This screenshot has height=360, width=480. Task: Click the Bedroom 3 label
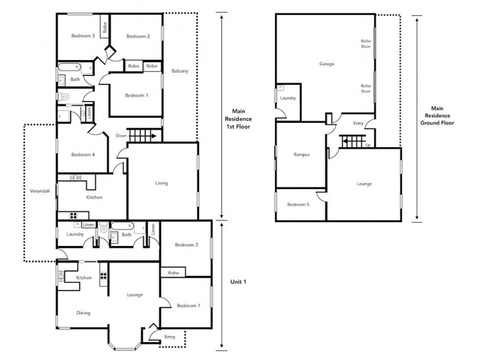point(83,36)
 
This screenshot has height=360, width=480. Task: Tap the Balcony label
point(180,71)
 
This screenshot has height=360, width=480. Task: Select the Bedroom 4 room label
point(83,154)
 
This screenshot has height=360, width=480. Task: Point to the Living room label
point(161,183)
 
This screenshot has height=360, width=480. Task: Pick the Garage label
point(326,64)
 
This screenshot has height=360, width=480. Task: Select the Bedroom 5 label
point(298,205)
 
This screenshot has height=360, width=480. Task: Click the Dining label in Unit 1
point(83,313)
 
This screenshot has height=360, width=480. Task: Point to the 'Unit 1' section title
point(239,282)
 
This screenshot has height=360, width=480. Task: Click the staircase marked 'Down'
point(144,136)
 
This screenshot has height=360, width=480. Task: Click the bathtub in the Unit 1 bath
point(122,227)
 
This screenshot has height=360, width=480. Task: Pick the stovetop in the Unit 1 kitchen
point(103,277)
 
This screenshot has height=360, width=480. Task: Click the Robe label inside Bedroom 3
point(104,27)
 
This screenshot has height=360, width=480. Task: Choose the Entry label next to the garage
point(358,124)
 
